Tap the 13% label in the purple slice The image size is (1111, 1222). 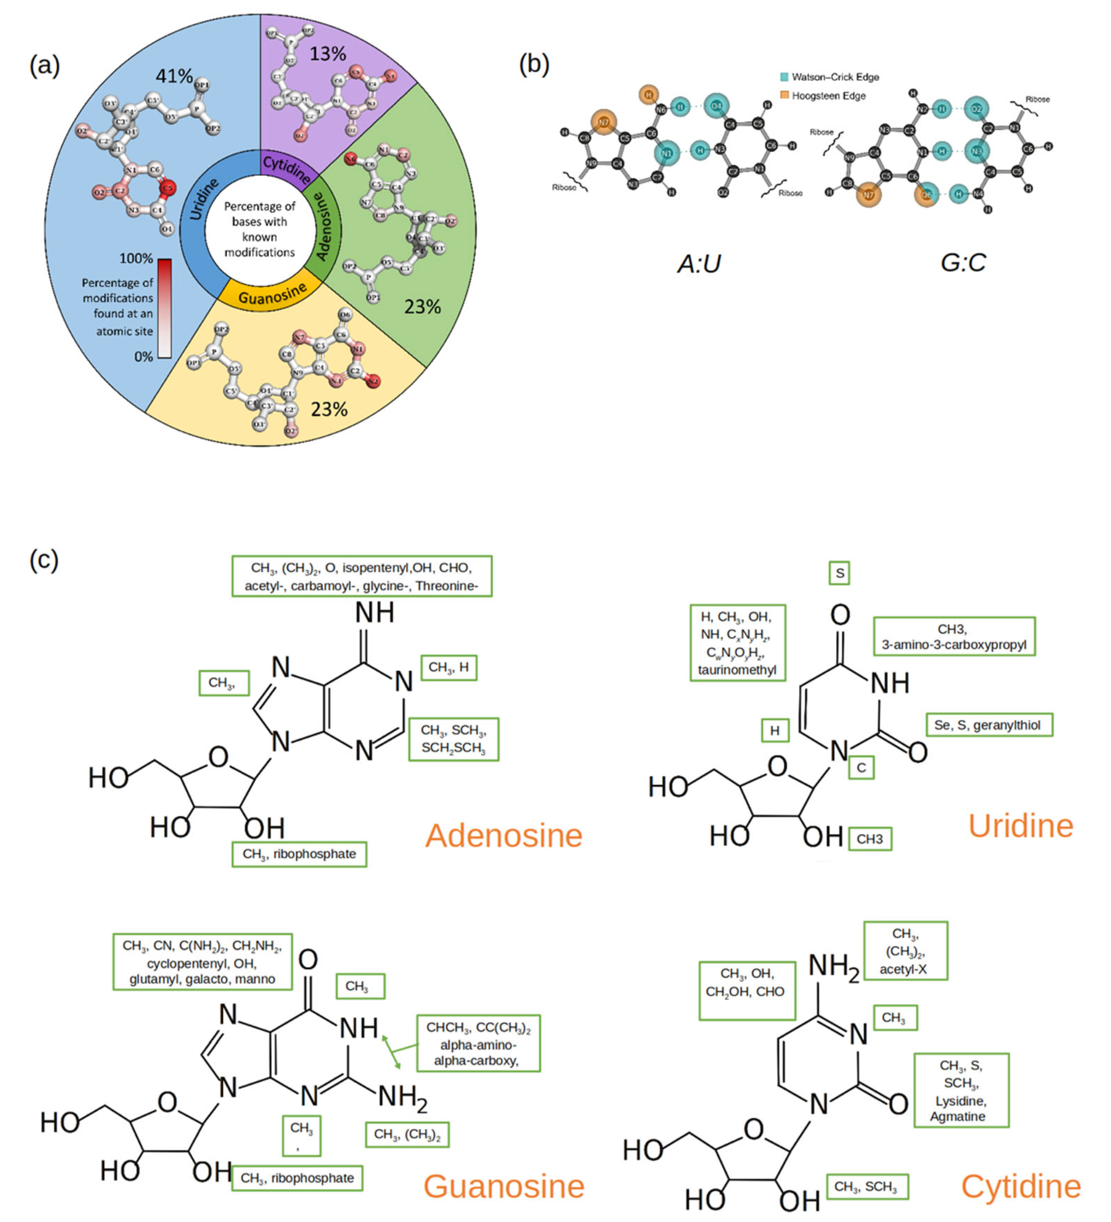coord(327,54)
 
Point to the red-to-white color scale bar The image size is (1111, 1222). coord(164,308)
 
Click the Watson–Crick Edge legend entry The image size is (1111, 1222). coord(829,77)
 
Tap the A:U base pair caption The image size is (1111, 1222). coord(699,264)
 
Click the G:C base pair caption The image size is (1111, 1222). coord(962,262)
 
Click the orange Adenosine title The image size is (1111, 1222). coord(504,836)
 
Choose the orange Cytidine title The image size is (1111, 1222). coord(1021,1186)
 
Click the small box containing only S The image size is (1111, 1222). coord(839,573)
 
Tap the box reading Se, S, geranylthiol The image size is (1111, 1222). coord(988,725)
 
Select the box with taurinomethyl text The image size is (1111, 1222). coord(737,643)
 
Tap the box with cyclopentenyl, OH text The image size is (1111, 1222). coord(203,962)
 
